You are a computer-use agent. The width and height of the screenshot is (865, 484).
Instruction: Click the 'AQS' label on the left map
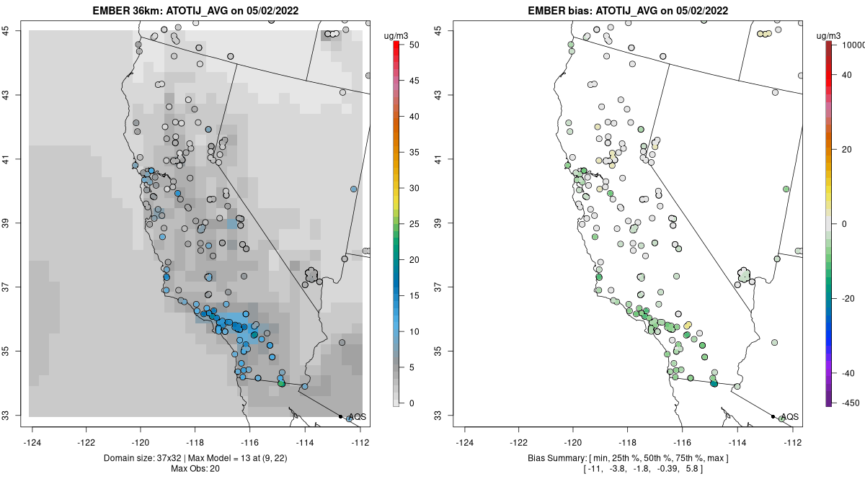point(356,417)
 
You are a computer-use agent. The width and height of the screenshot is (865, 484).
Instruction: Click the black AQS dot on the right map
point(773,416)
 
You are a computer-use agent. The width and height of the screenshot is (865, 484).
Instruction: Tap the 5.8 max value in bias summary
point(693,469)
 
